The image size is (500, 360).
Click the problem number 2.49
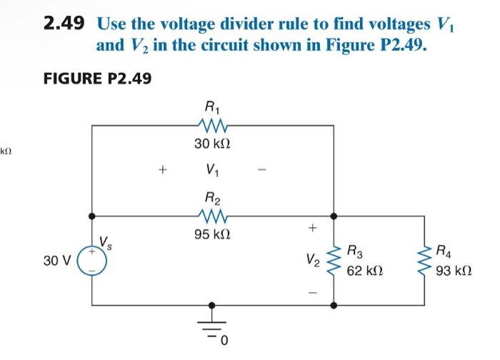click(64, 24)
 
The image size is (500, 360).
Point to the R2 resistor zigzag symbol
click(212, 214)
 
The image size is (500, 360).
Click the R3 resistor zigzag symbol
click(333, 259)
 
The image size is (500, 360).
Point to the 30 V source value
click(56, 261)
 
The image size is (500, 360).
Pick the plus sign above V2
click(311, 229)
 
